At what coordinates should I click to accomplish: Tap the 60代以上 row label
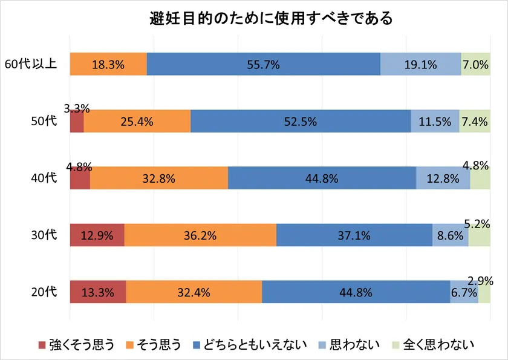point(31,64)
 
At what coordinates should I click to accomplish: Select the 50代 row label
point(44,121)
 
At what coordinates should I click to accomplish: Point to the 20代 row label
point(44,292)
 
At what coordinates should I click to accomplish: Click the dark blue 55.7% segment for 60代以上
point(263,65)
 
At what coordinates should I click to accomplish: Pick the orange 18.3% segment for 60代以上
point(108,65)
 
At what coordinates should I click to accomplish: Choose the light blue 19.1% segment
point(420,65)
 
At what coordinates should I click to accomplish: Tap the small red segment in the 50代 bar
point(77,122)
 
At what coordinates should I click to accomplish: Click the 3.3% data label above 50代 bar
point(77,109)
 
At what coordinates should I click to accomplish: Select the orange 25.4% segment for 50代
point(137,122)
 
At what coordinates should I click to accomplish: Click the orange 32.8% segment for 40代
point(158,178)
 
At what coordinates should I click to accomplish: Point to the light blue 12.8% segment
point(443,178)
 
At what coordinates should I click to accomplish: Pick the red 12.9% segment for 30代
point(97,235)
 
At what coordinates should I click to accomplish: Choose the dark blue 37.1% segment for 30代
point(354,235)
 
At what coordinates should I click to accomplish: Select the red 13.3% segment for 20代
point(98,292)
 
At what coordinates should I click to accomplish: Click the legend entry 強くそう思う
point(76,345)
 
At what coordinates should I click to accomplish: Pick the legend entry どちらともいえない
point(249,345)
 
